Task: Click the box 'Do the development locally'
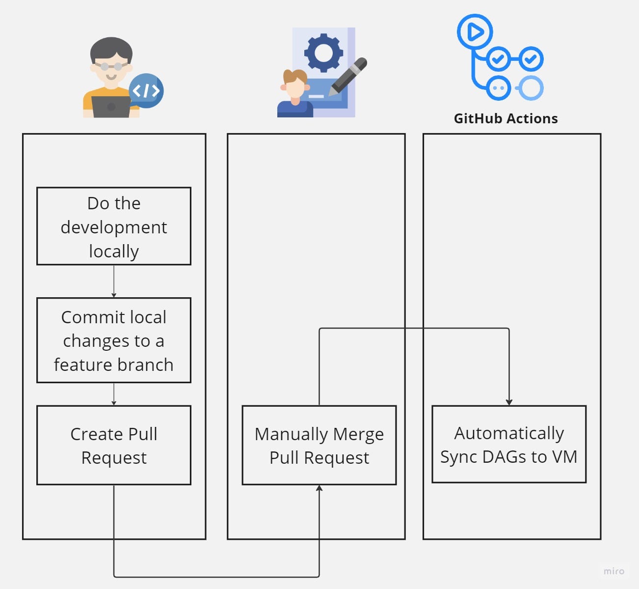(114, 226)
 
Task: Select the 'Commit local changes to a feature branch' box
(114, 340)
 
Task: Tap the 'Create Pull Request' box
(114, 446)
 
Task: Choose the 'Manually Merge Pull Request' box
(319, 446)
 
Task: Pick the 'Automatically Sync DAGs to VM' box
(509, 445)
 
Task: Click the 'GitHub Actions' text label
(506, 119)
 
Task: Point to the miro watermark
(613, 571)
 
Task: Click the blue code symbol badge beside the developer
(146, 91)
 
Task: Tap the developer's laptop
(111, 107)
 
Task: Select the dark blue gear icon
(323, 52)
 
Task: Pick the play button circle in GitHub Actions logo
(475, 32)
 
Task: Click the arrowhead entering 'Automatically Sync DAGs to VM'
(509, 402)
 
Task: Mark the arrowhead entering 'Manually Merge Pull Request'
(319, 488)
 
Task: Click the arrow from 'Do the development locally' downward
(114, 281)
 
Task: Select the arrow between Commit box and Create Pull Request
(114, 394)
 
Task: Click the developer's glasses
(111, 66)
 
